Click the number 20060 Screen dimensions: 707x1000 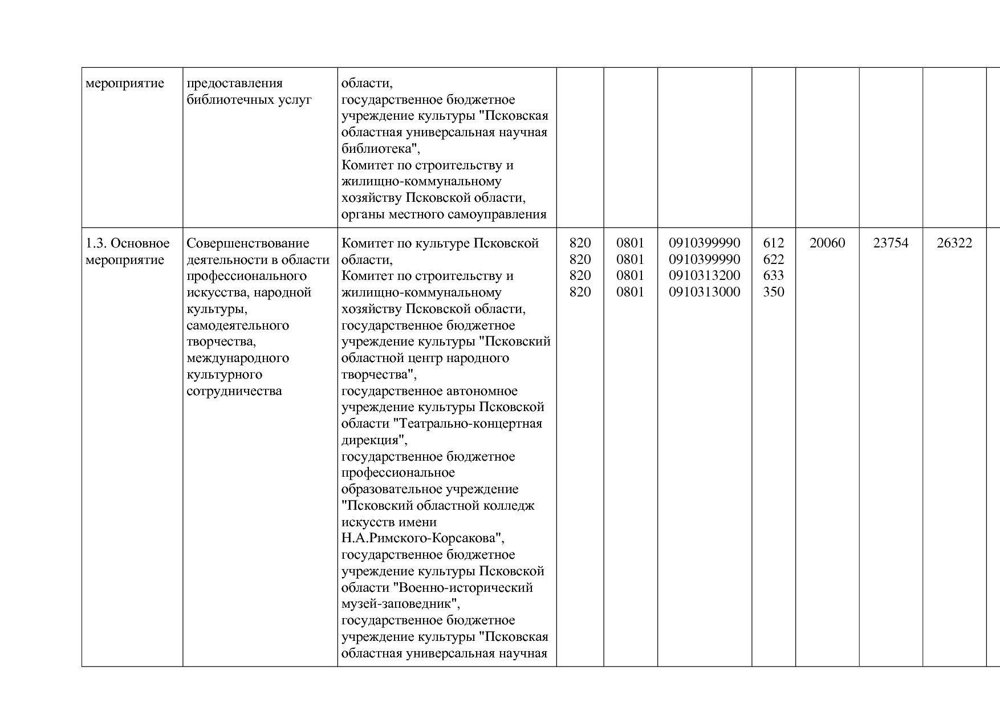pos(827,243)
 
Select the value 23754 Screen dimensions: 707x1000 pos(891,243)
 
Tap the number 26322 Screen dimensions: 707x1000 pos(954,243)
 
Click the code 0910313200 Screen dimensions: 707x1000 pos(704,276)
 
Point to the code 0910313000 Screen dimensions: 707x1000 pos(704,292)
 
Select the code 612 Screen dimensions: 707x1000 pos(773,243)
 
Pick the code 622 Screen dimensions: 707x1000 pos(773,260)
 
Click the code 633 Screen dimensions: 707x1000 pos(773,276)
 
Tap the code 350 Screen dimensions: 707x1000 pos(773,292)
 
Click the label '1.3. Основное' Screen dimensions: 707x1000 pos(128,243)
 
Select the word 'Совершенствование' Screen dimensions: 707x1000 pos(247,243)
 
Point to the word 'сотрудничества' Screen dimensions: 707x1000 pos(234,391)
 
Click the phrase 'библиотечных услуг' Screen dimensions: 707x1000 pos(249,100)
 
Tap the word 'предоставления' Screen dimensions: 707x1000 pos(234,83)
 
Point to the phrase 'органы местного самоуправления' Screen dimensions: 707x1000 pos(444,215)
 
